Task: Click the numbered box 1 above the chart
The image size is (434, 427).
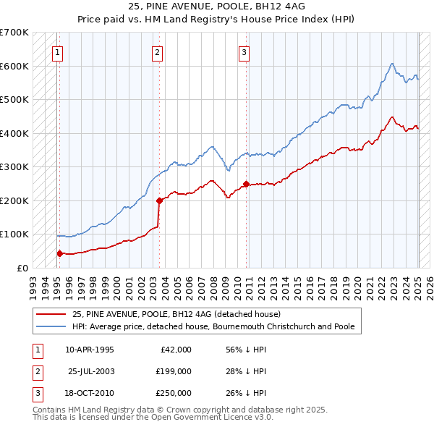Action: pos(57,51)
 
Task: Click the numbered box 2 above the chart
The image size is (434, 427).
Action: pos(157,51)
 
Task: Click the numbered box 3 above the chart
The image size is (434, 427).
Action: pos(244,51)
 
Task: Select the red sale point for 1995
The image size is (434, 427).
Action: pos(59,253)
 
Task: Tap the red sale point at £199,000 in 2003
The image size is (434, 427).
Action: pos(159,200)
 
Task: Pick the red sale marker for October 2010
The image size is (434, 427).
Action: pos(246,184)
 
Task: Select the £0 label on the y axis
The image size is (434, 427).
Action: pos(21,268)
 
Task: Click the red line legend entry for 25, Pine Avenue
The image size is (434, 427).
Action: pos(182,314)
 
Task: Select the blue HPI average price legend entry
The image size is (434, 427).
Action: pos(213,326)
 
